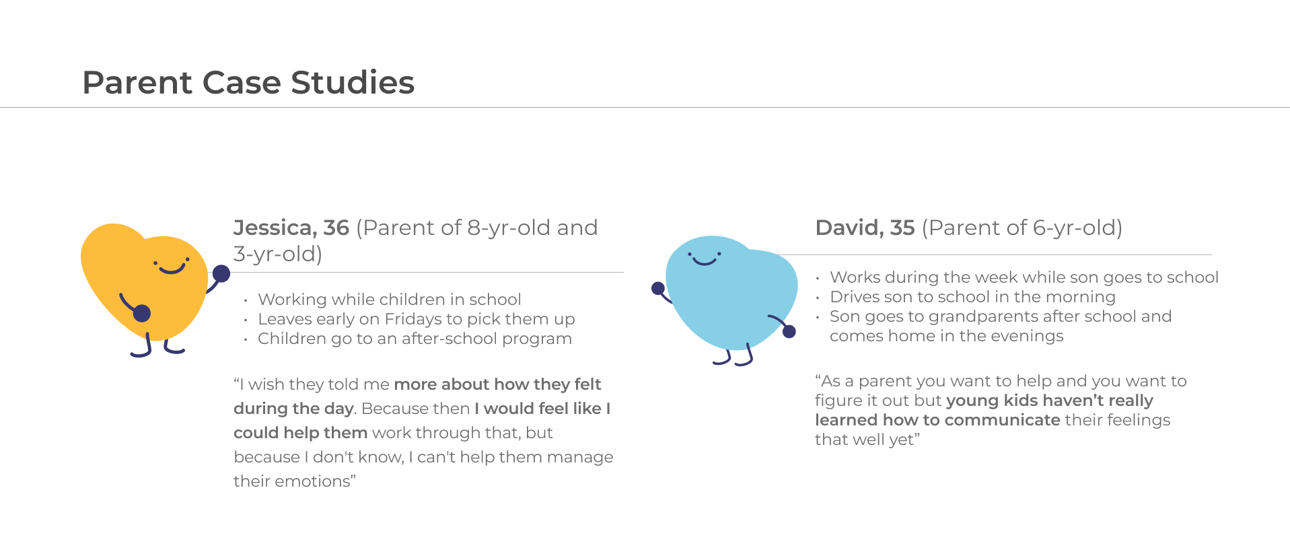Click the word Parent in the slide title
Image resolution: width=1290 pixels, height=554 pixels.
pyautogui.click(x=138, y=83)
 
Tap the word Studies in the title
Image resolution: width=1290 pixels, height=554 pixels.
pyautogui.click(x=353, y=83)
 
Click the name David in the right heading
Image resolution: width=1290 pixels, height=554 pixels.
pyautogui.click(x=848, y=228)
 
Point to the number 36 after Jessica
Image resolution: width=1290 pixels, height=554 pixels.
pyautogui.click(x=336, y=228)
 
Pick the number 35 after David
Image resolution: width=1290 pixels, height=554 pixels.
pyautogui.click(x=902, y=228)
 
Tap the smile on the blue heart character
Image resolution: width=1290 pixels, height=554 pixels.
pyautogui.click(x=705, y=261)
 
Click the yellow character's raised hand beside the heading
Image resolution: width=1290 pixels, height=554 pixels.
pyautogui.click(x=221, y=273)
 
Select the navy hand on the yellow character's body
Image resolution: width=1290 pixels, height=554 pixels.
pyautogui.click(x=142, y=313)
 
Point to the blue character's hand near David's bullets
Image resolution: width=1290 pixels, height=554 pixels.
pyautogui.click(x=789, y=331)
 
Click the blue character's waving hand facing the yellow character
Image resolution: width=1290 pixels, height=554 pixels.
pyautogui.click(x=658, y=289)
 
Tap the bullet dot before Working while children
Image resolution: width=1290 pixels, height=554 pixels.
pyautogui.click(x=246, y=300)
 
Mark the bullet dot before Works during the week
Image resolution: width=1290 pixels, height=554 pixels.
pyautogui.click(x=818, y=278)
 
